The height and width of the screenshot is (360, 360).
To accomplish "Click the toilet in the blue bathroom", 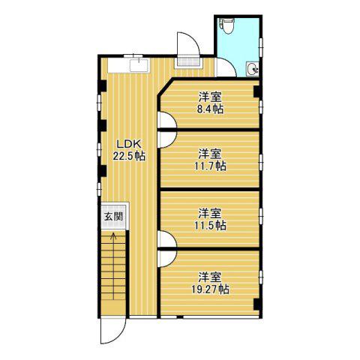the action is point(227,25).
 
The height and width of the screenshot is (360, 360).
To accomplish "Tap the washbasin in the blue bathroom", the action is point(253,69).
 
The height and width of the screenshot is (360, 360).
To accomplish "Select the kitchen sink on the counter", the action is point(139,65).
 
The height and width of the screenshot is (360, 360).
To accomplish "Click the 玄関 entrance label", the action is point(114,217).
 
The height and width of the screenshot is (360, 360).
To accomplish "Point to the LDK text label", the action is point(129,144).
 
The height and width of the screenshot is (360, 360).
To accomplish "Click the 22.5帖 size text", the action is point(129,156).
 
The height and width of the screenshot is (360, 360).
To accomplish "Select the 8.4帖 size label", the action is point(210,109).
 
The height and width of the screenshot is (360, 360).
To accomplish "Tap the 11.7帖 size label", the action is point(210,166).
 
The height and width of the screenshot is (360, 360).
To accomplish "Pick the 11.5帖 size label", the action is point(210,226).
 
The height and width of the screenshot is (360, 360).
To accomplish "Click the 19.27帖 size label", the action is point(210,289).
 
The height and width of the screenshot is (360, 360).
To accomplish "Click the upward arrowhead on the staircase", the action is point(113,235).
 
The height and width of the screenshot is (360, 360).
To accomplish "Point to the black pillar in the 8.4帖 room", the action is point(256,91).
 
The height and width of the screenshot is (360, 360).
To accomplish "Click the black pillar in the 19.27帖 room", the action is point(256,304).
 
